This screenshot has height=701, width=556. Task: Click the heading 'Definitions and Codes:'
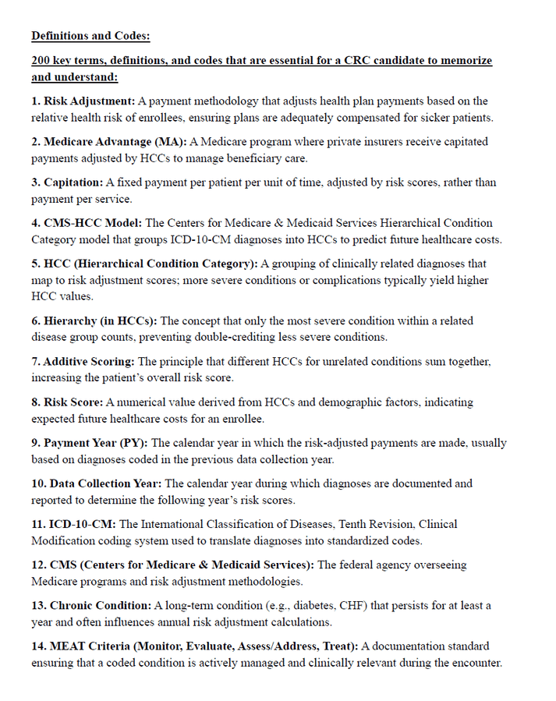click(90, 36)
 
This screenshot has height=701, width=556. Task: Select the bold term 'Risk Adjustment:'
click(90, 101)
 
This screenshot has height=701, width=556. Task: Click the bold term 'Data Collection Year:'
click(105, 483)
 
